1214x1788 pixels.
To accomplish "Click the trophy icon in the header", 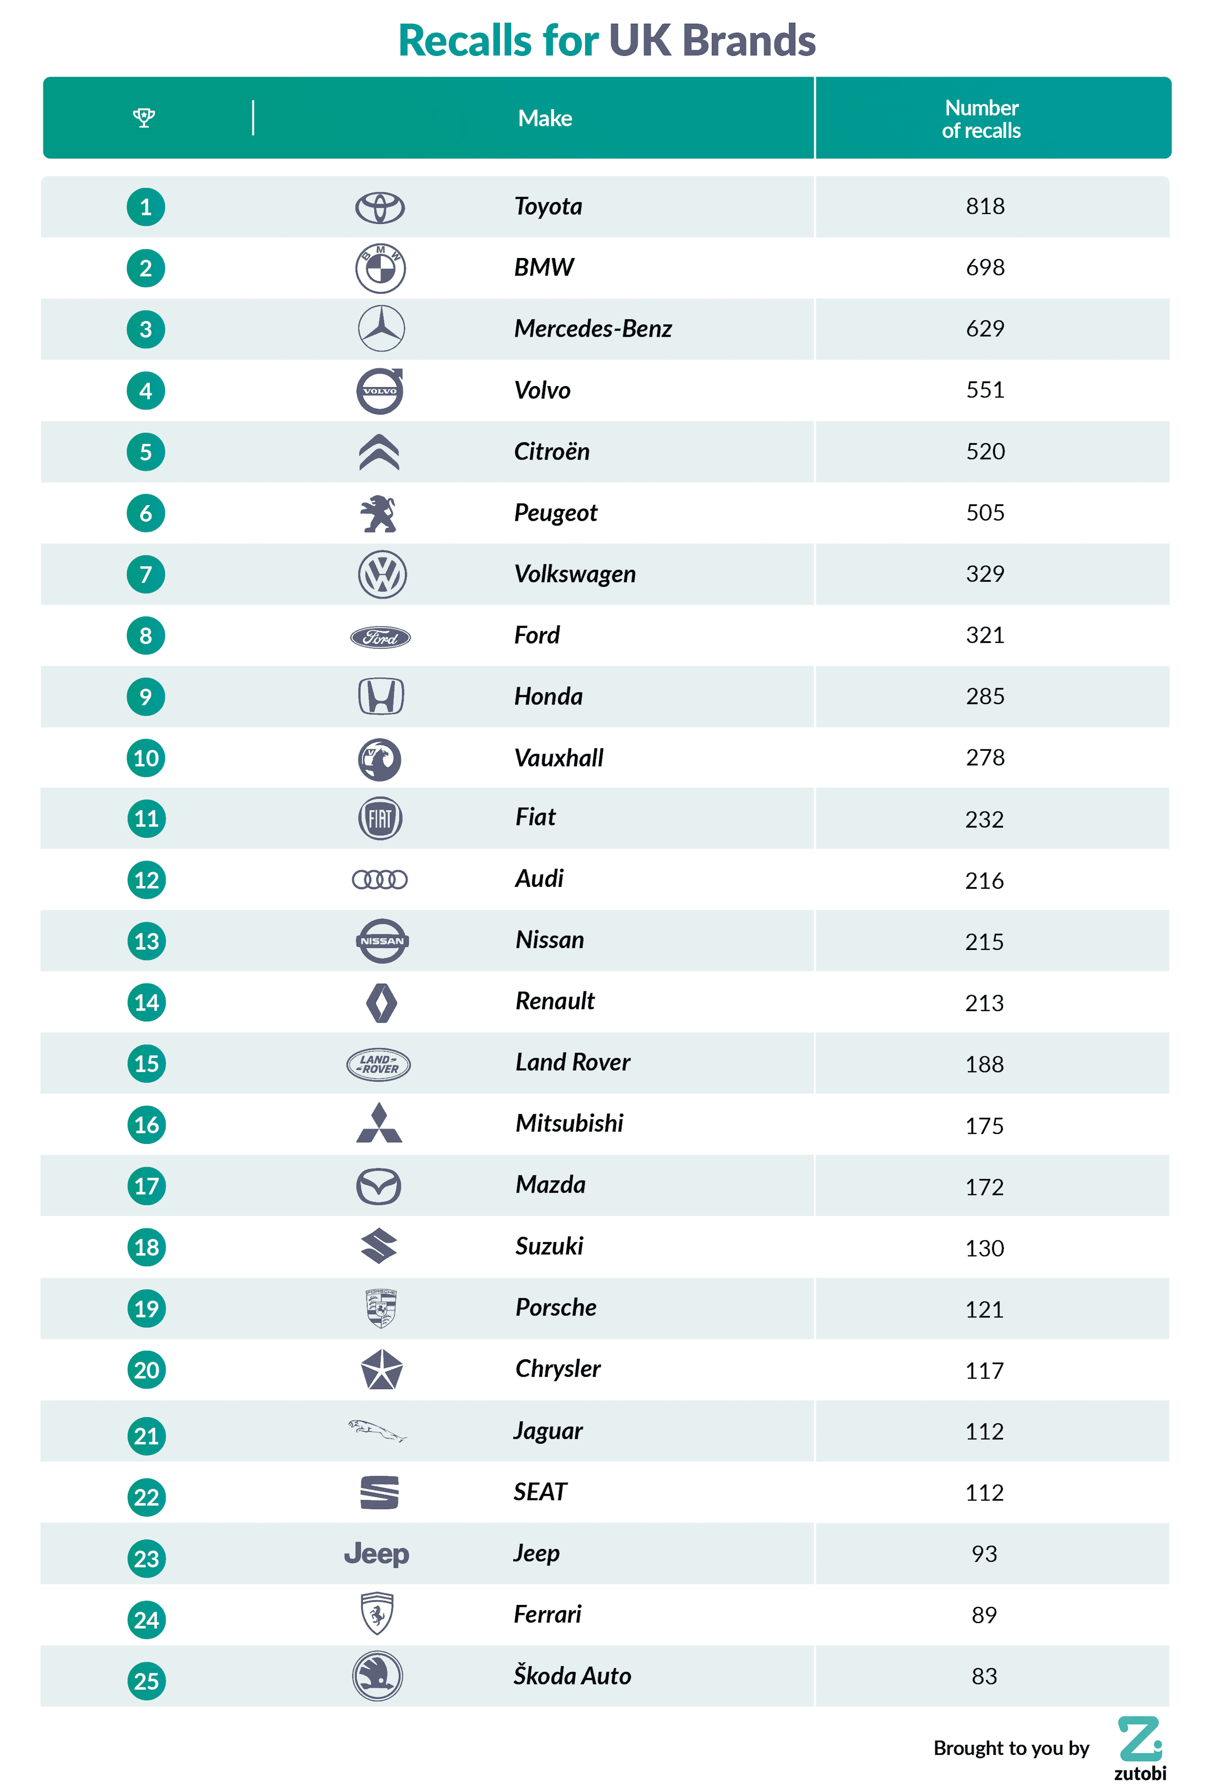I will pos(144,118).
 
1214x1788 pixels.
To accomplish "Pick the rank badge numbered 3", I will pos(146,329).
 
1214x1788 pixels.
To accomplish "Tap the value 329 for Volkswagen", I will pos(985,574).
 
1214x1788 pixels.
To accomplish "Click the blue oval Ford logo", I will pos(380,637).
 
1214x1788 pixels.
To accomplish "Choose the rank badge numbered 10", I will pos(146,758).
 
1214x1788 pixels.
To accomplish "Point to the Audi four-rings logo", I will pos(379,879).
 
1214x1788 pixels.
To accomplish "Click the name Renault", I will pos(555,1001).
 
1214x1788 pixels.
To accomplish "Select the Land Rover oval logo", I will pos(378,1064).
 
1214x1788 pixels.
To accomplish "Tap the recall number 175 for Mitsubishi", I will pos(984,1125).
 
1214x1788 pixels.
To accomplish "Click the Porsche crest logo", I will pos(380,1308).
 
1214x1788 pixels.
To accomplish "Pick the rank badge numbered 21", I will pos(146,1436).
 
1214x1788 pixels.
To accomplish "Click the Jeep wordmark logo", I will pos(376,1553).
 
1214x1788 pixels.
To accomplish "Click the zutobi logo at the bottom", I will pos(1140,1748).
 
